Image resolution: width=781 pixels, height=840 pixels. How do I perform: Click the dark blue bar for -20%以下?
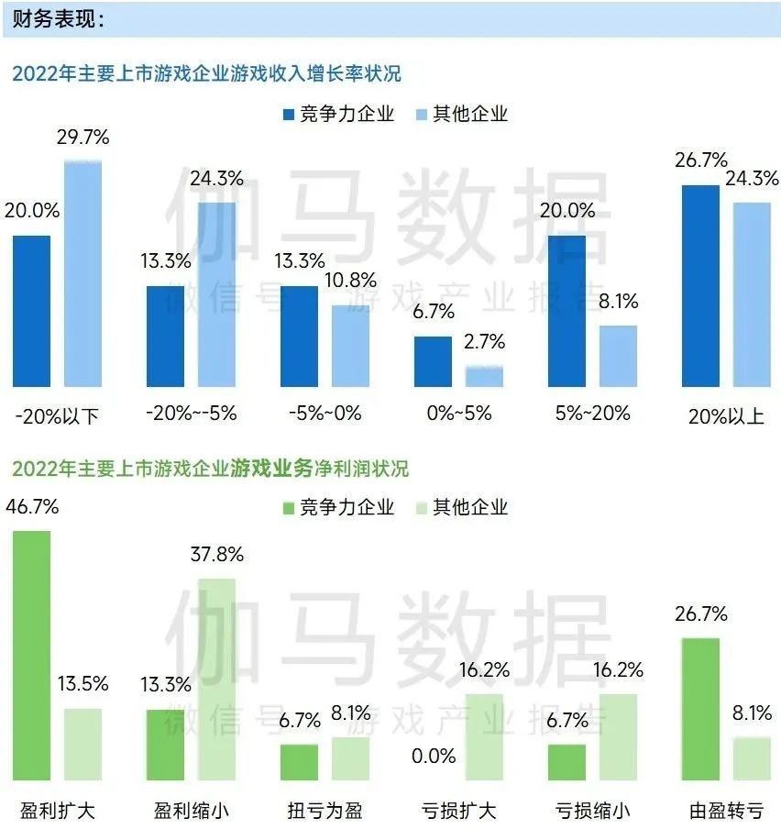(31, 311)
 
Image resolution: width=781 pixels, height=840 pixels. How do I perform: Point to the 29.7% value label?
(82, 138)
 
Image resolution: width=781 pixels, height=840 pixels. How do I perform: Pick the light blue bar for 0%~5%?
(484, 376)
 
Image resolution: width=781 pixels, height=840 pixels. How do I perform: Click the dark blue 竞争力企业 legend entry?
(338, 114)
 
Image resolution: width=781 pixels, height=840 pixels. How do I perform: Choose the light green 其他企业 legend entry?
(459, 507)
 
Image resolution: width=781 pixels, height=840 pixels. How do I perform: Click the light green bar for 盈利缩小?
(216, 679)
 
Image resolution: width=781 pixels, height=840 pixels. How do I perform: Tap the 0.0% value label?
(434, 756)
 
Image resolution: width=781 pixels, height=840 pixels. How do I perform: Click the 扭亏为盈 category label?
(324, 811)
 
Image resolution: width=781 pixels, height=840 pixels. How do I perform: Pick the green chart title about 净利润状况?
(210, 469)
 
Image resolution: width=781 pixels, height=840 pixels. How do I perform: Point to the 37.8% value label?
(216, 555)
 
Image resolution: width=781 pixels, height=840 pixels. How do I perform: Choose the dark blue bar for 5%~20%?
(566, 311)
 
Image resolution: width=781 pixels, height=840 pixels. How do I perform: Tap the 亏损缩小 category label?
(592, 811)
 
